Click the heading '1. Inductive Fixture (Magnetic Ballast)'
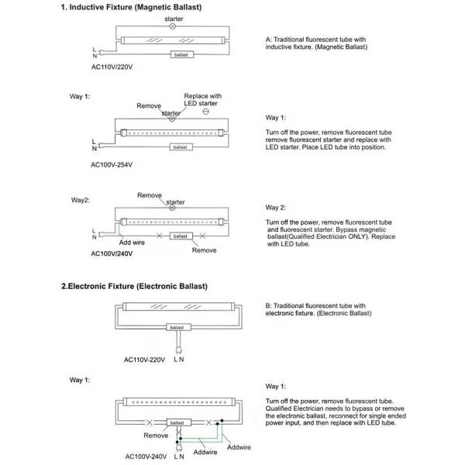(x=132, y=9)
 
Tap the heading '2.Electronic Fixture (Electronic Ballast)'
(x=134, y=286)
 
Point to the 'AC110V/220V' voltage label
(x=113, y=67)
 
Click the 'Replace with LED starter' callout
(x=203, y=100)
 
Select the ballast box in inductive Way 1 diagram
(x=180, y=146)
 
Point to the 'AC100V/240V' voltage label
(x=114, y=253)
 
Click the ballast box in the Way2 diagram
(x=180, y=235)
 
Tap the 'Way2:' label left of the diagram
(x=81, y=199)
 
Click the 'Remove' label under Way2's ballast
(x=204, y=250)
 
